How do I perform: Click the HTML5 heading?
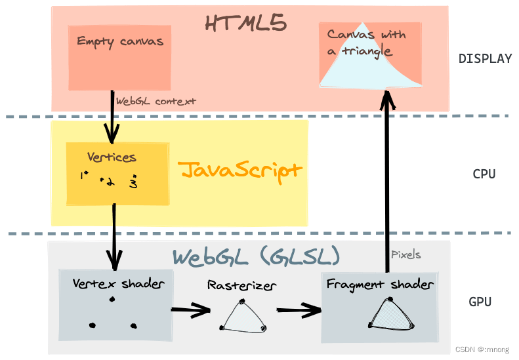point(245,24)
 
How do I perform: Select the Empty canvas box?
point(119,58)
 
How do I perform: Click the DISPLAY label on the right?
point(485,58)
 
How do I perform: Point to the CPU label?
point(484,174)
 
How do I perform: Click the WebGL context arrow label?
point(156,102)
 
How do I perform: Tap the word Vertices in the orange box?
point(112,157)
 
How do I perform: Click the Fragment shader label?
point(379,285)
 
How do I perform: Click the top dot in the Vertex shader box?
point(112,300)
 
